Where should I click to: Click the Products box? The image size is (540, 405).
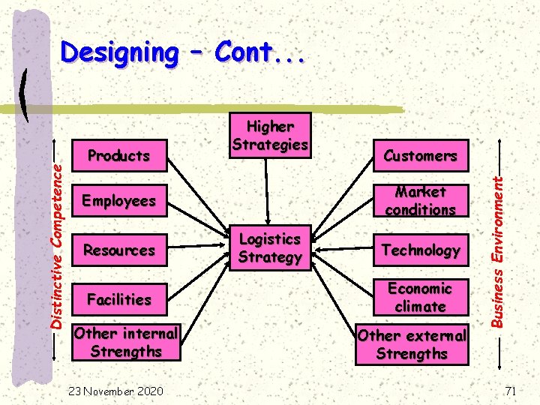(x=119, y=156)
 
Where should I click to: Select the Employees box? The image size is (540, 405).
(x=119, y=201)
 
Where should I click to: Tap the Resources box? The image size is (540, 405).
(x=119, y=250)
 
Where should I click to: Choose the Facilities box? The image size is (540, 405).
(x=119, y=299)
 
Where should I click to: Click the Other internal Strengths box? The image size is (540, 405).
(x=126, y=342)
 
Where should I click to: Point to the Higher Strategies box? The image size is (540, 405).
(x=270, y=135)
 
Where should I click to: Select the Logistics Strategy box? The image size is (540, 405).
(x=270, y=247)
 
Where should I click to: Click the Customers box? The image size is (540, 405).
(x=420, y=156)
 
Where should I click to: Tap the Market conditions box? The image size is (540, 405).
(x=420, y=201)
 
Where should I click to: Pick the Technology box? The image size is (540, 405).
(x=420, y=250)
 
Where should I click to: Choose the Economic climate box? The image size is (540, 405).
(x=420, y=298)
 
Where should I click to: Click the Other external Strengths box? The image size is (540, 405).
(x=412, y=344)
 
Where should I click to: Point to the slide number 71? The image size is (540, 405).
(x=511, y=391)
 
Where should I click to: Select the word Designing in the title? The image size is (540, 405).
(x=118, y=52)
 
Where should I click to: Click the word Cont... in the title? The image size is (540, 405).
(x=259, y=52)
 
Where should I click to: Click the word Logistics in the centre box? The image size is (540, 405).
(x=270, y=239)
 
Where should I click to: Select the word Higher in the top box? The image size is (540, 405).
(x=270, y=126)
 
